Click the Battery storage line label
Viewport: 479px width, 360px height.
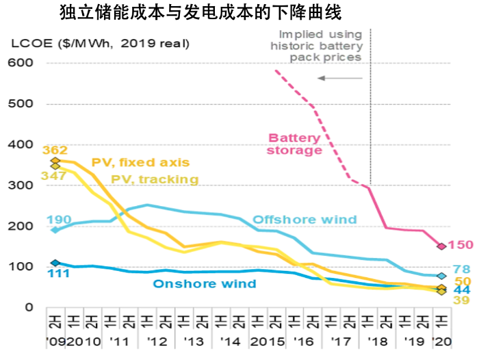coord(295,143)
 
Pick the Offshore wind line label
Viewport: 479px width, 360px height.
coord(305,220)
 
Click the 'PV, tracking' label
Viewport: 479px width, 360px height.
coord(155,179)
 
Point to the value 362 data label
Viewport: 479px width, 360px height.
coord(54,151)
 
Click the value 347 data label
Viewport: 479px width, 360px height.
coord(54,176)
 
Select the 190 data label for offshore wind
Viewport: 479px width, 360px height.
coord(59,220)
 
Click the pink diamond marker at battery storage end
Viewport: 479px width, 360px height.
coord(441,246)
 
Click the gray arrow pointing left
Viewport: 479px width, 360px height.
coord(339,78)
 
